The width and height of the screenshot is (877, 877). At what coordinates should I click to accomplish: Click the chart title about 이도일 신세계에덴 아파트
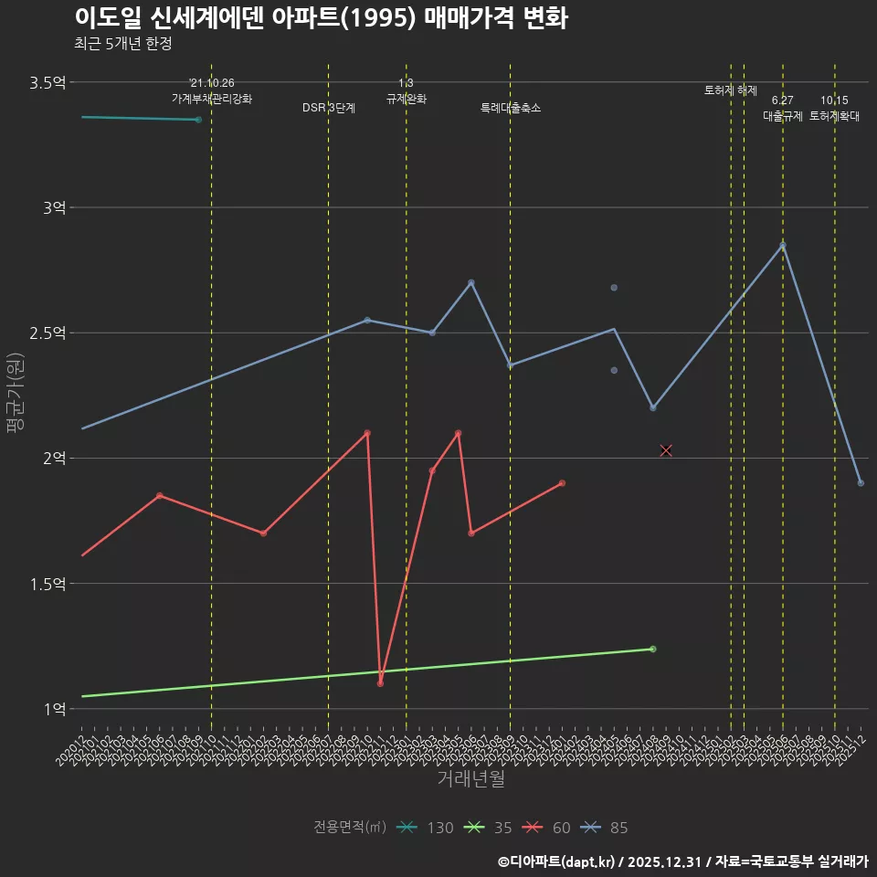click(x=321, y=17)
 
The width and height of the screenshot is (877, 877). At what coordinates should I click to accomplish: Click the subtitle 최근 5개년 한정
click(x=122, y=43)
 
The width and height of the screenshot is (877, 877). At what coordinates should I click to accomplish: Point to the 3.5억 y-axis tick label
click(x=48, y=83)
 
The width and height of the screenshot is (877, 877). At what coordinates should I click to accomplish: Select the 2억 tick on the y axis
click(x=54, y=459)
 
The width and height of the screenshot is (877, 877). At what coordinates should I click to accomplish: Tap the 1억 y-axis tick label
click(x=54, y=709)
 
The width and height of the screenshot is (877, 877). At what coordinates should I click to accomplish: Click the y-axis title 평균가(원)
click(x=16, y=393)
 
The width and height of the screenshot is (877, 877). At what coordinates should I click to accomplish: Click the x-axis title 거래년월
click(x=470, y=779)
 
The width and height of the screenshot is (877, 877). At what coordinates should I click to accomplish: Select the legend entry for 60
click(x=549, y=828)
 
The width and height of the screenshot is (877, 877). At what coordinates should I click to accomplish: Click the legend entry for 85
click(x=607, y=828)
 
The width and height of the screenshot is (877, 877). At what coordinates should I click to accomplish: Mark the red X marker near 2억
click(x=666, y=450)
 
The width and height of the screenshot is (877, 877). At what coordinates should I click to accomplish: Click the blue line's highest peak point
click(x=783, y=246)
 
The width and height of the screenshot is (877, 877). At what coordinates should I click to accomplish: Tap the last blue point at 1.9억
click(x=861, y=483)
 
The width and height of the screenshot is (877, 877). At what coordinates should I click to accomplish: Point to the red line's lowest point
click(x=380, y=683)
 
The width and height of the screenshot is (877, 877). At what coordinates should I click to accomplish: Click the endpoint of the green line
click(x=652, y=649)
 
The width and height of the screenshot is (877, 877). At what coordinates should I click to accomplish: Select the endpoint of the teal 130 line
click(x=198, y=120)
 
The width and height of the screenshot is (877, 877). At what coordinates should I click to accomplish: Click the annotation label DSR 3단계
click(x=329, y=108)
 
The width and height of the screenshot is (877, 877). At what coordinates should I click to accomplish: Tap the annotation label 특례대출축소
click(x=511, y=108)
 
